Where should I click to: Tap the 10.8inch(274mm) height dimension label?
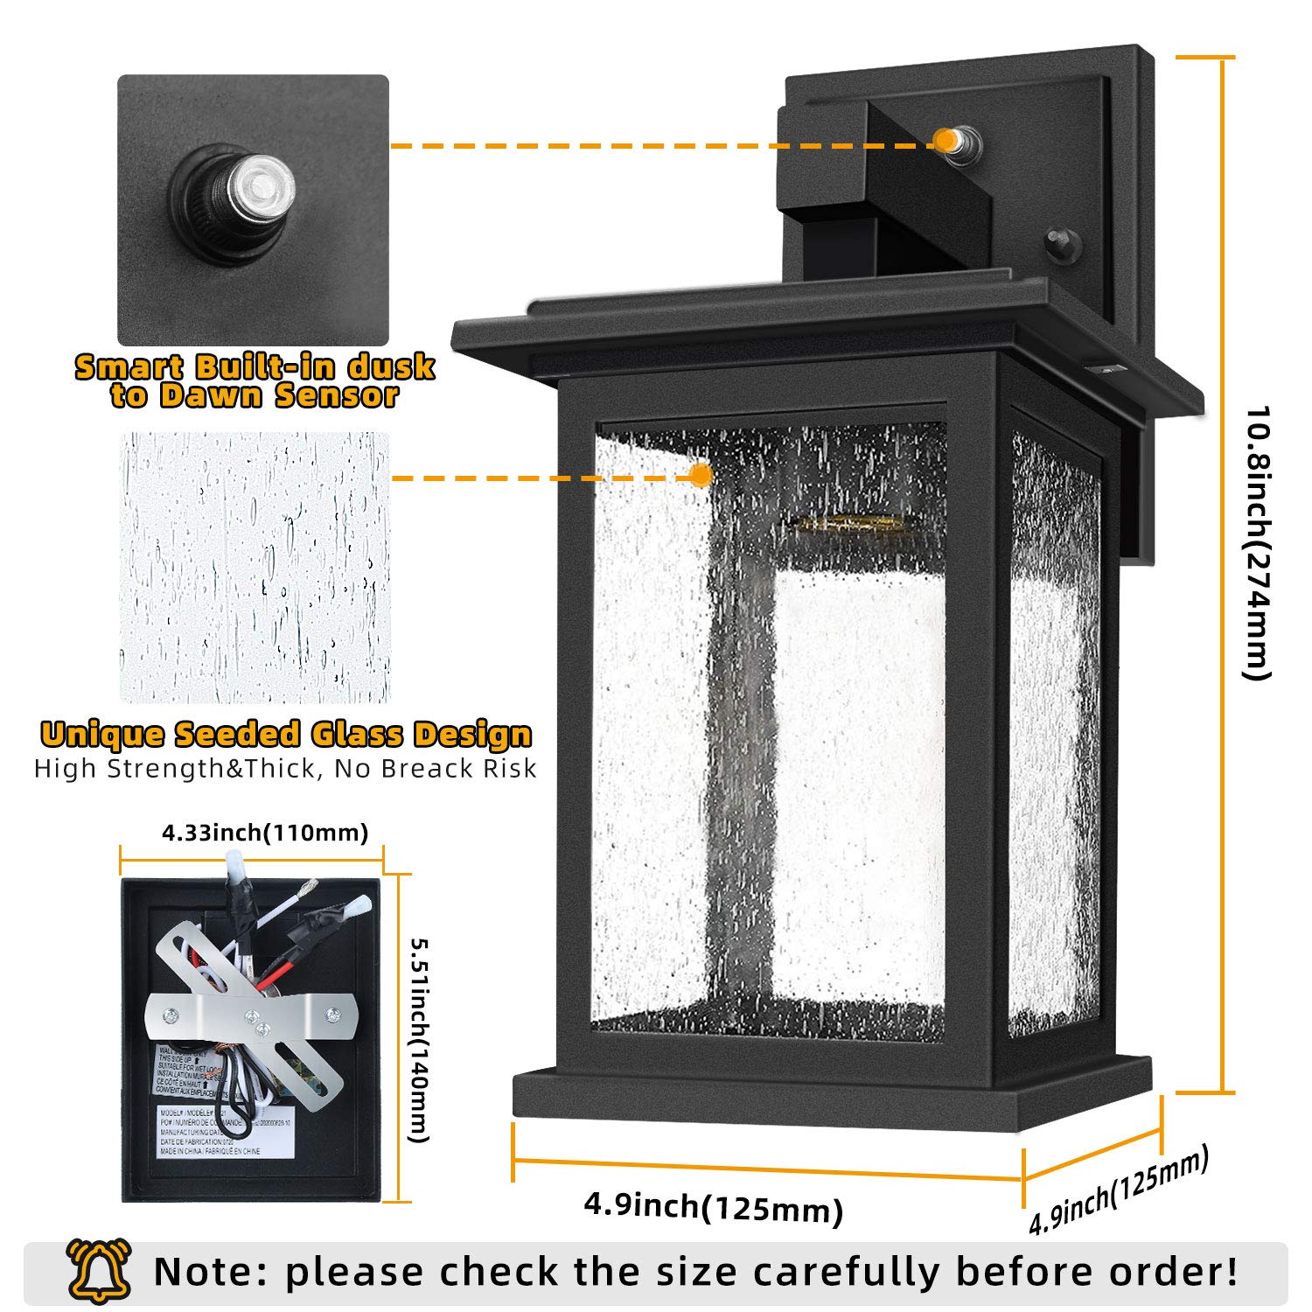1256,541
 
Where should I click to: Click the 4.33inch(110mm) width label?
265,832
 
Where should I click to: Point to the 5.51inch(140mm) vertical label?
420,1040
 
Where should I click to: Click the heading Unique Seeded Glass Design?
286,734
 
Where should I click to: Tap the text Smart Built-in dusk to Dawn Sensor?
255,380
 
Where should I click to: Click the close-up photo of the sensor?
253,210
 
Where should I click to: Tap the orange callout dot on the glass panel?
700,476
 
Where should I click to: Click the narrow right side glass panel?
1054,735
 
